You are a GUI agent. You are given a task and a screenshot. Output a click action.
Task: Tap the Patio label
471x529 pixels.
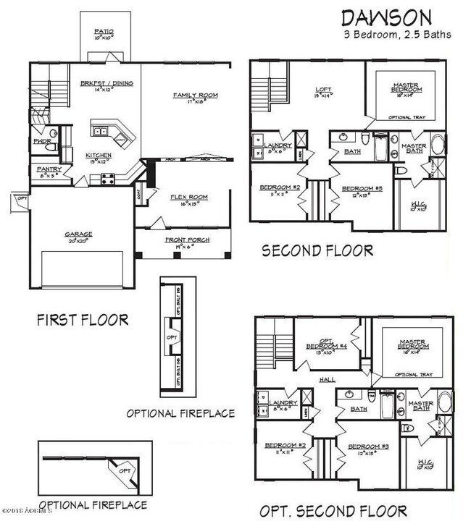[104, 32]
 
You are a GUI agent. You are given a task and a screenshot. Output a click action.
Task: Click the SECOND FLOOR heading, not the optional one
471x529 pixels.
[317, 250]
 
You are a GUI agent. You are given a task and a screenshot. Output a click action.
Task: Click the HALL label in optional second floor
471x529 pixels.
[314, 378]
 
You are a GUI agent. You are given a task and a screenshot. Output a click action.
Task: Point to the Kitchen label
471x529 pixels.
[98, 156]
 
